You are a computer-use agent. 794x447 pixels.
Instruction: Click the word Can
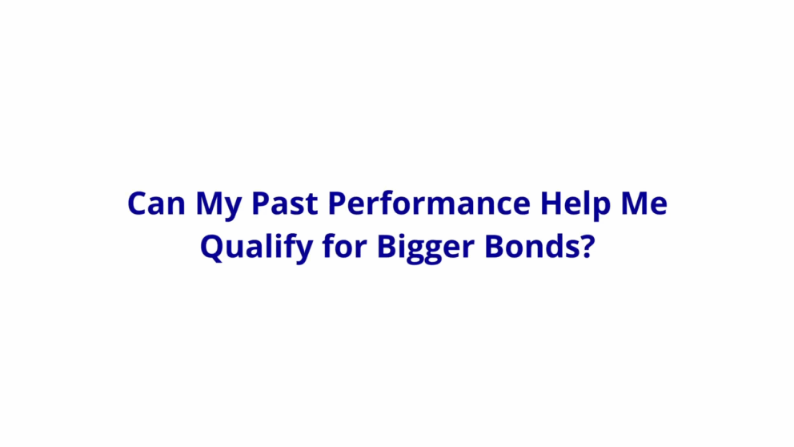pyautogui.click(x=156, y=203)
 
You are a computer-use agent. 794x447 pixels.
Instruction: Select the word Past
pyautogui.click(x=285, y=203)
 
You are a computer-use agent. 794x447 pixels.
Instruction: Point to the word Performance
pyautogui.click(x=429, y=203)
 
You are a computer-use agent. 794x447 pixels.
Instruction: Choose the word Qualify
pyautogui.click(x=255, y=248)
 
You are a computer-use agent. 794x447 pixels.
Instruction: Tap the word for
pyautogui.click(x=344, y=246)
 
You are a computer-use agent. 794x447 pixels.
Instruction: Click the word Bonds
pyautogui.click(x=531, y=246)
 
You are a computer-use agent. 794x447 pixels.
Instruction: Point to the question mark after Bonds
pyautogui.click(x=587, y=246)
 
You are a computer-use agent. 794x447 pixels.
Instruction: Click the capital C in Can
pyautogui.click(x=138, y=203)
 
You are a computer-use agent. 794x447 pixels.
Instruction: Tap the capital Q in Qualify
pyautogui.click(x=213, y=249)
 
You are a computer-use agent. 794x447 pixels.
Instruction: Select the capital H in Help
pyautogui.click(x=552, y=203)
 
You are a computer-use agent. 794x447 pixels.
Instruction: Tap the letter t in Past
pyautogui.click(x=311, y=205)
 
